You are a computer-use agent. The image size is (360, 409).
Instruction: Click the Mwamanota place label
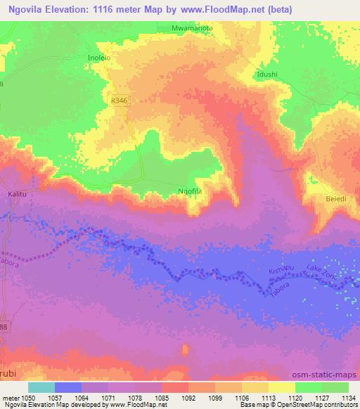192,27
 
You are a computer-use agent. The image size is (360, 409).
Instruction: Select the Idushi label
268,73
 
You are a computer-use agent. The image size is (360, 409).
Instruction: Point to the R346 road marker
120,101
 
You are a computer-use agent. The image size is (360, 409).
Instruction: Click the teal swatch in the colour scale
41,387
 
